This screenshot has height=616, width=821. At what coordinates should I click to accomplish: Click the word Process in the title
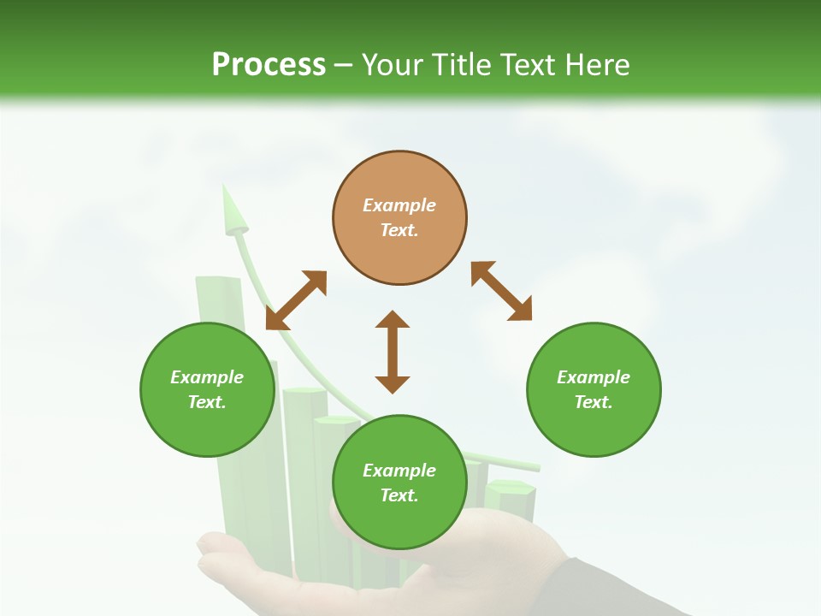(x=269, y=65)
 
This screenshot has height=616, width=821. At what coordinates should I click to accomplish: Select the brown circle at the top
(x=399, y=218)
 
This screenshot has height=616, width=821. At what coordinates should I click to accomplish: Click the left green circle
(x=207, y=389)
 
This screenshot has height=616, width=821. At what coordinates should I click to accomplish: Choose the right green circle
(x=594, y=389)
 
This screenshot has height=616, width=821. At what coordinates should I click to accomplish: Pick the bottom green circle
(x=399, y=483)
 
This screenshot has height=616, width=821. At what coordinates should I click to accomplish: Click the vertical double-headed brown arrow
(x=393, y=352)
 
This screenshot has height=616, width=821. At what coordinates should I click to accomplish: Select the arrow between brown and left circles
(x=296, y=300)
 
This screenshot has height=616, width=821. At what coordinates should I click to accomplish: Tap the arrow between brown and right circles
(x=501, y=291)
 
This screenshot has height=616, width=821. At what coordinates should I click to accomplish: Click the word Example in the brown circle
(x=399, y=205)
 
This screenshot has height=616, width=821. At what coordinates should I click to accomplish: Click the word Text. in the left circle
(x=207, y=402)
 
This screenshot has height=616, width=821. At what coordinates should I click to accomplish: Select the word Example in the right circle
(x=594, y=377)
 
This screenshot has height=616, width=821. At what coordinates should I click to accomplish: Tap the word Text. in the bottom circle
(x=399, y=495)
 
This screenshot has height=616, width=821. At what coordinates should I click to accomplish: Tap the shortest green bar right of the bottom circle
(x=511, y=500)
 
